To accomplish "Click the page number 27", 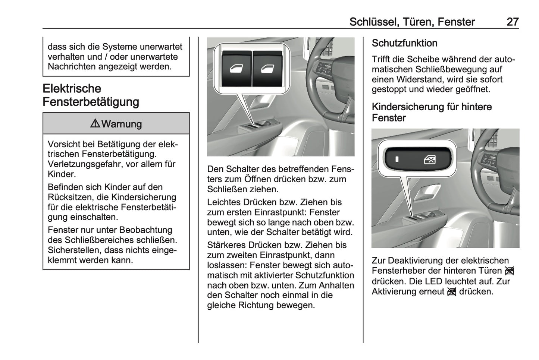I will [x=512, y=22].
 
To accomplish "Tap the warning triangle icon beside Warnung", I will [x=95, y=124].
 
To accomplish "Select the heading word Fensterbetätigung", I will [x=91, y=102].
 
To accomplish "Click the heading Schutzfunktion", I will [x=404, y=43].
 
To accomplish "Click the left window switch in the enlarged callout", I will [x=236, y=69].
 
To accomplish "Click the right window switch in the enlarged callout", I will [x=267, y=69].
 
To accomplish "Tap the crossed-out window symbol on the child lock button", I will [x=430, y=160].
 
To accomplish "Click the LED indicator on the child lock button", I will [x=397, y=160].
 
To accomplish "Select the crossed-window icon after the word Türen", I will [x=510, y=271].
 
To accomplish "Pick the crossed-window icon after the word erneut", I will [x=451, y=292].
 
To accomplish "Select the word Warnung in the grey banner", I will [x=122, y=124].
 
